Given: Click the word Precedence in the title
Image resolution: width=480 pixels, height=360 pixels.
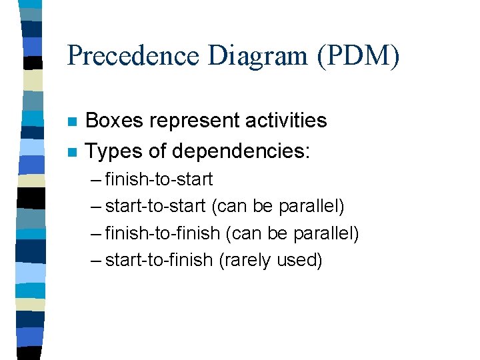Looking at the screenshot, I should coord(134,55).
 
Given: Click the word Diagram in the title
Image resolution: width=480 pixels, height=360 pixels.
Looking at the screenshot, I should coord(257,55).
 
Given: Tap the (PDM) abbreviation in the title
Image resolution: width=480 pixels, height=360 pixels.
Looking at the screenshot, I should coord(358,55).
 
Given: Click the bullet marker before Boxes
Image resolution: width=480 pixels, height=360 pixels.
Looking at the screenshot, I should coord(73,122).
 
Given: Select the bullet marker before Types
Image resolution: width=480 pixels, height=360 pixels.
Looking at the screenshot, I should coord(73,152).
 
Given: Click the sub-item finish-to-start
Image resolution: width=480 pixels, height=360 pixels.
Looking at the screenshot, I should coord(159,179).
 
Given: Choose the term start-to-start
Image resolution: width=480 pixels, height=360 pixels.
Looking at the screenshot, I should coord(155,206).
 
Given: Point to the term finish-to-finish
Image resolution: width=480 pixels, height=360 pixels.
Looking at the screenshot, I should coord(163,233).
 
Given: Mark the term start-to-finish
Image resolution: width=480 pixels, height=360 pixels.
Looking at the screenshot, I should coord(159,259).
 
